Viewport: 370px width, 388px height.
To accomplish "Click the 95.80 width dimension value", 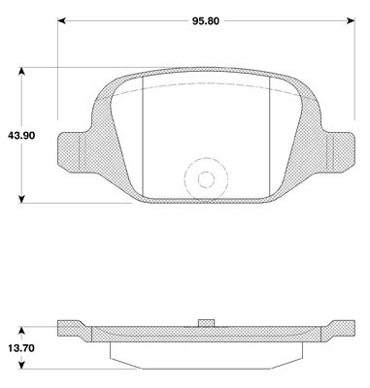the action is pos(206,21).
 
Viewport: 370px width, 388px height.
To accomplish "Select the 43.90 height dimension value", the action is pos(21,136).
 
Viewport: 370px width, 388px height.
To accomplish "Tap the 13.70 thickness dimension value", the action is pos(21,348).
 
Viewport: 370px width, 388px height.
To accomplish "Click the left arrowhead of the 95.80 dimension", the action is pos(62,21).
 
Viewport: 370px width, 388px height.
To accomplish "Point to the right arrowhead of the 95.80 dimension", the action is pos(351,21).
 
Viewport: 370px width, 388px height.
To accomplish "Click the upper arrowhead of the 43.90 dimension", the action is pos(21,72).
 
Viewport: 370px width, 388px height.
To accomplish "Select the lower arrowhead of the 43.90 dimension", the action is pos(21,199).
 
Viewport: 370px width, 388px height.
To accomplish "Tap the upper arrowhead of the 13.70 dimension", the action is pos(21,331).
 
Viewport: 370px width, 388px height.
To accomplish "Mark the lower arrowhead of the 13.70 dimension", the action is pos(21,365).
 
